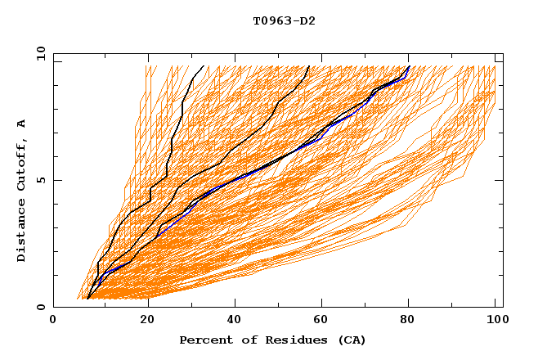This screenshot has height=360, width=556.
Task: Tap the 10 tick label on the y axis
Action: tap(38, 53)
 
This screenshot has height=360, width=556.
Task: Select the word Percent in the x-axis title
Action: tap(203, 340)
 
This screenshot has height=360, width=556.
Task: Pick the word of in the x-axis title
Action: tap(243, 340)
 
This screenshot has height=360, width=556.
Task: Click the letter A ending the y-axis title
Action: tap(21, 124)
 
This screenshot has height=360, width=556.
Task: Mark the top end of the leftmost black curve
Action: tap(204, 65)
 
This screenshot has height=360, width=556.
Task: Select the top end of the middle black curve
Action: tap(309, 65)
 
